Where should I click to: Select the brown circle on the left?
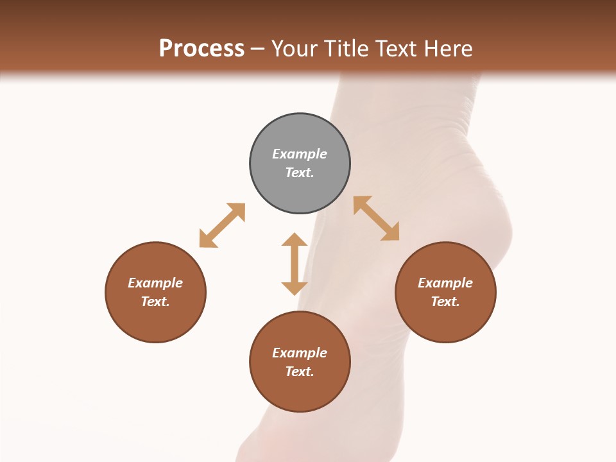tap(155, 321)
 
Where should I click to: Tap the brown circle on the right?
tap(445, 321)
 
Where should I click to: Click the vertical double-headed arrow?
tap(295, 264)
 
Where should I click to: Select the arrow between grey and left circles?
tap(222, 225)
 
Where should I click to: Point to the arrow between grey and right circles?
tap(377, 218)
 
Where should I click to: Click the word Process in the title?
tap(201, 48)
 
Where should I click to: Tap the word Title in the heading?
tap(346, 48)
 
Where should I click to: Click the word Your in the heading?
tap(295, 48)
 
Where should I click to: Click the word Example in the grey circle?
tap(300, 154)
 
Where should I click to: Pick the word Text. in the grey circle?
tap(300, 173)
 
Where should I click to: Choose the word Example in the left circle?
tap(155, 283)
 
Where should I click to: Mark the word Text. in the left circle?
tap(155, 302)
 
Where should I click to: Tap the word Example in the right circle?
tap(445, 283)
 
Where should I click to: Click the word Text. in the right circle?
tap(445, 302)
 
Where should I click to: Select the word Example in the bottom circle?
tap(300, 353)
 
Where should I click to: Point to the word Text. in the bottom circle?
tap(300, 372)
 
